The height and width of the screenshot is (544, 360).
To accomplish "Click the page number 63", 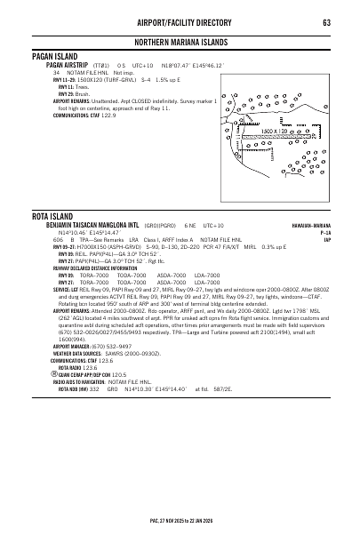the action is [x=326, y=22].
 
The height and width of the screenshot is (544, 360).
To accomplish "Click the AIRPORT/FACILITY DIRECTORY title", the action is [x=180, y=22].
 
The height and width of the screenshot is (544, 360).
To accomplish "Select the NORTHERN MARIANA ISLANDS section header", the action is [x=180, y=43].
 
